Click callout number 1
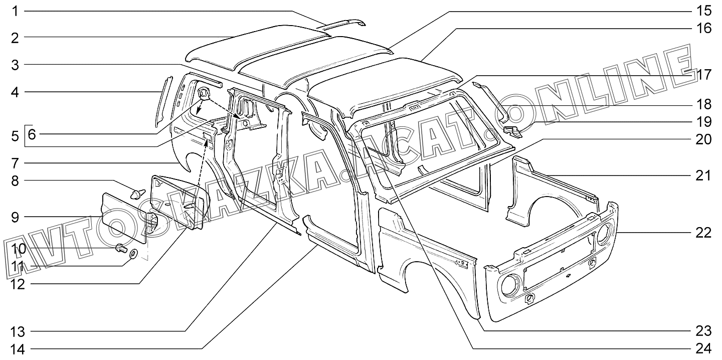(15, 11)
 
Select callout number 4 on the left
(15, 92)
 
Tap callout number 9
(15, 217)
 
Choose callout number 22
(703, 233)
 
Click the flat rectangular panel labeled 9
(124, 218)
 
